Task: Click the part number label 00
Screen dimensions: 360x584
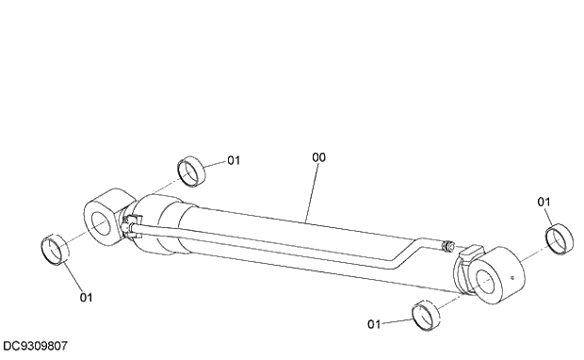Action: point(318,158)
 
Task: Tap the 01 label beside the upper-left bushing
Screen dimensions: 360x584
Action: point(234,160)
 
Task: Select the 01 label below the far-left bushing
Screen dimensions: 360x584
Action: point(87,298)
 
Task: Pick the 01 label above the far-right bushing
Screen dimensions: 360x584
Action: point(544,202)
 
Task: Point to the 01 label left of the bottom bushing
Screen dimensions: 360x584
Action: point(374,324)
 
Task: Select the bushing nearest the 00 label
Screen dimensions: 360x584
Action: point(193,172)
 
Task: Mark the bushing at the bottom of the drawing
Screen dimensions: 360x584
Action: point(427,314)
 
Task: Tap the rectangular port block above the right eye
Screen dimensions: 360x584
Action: point(471,254)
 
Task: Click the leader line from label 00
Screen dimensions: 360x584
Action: point(312,193)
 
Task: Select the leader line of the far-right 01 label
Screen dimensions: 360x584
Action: point(550,217)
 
